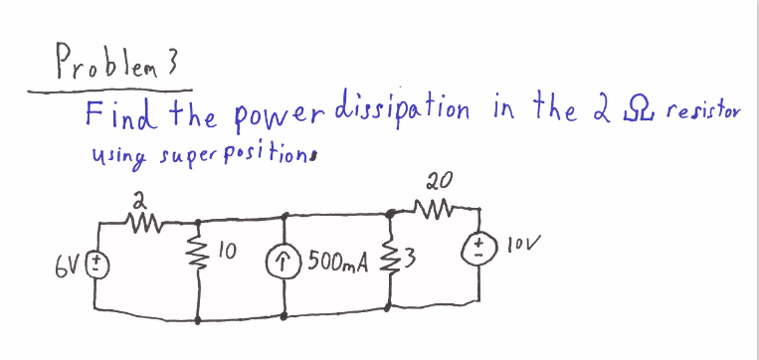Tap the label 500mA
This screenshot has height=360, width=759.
338,263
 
